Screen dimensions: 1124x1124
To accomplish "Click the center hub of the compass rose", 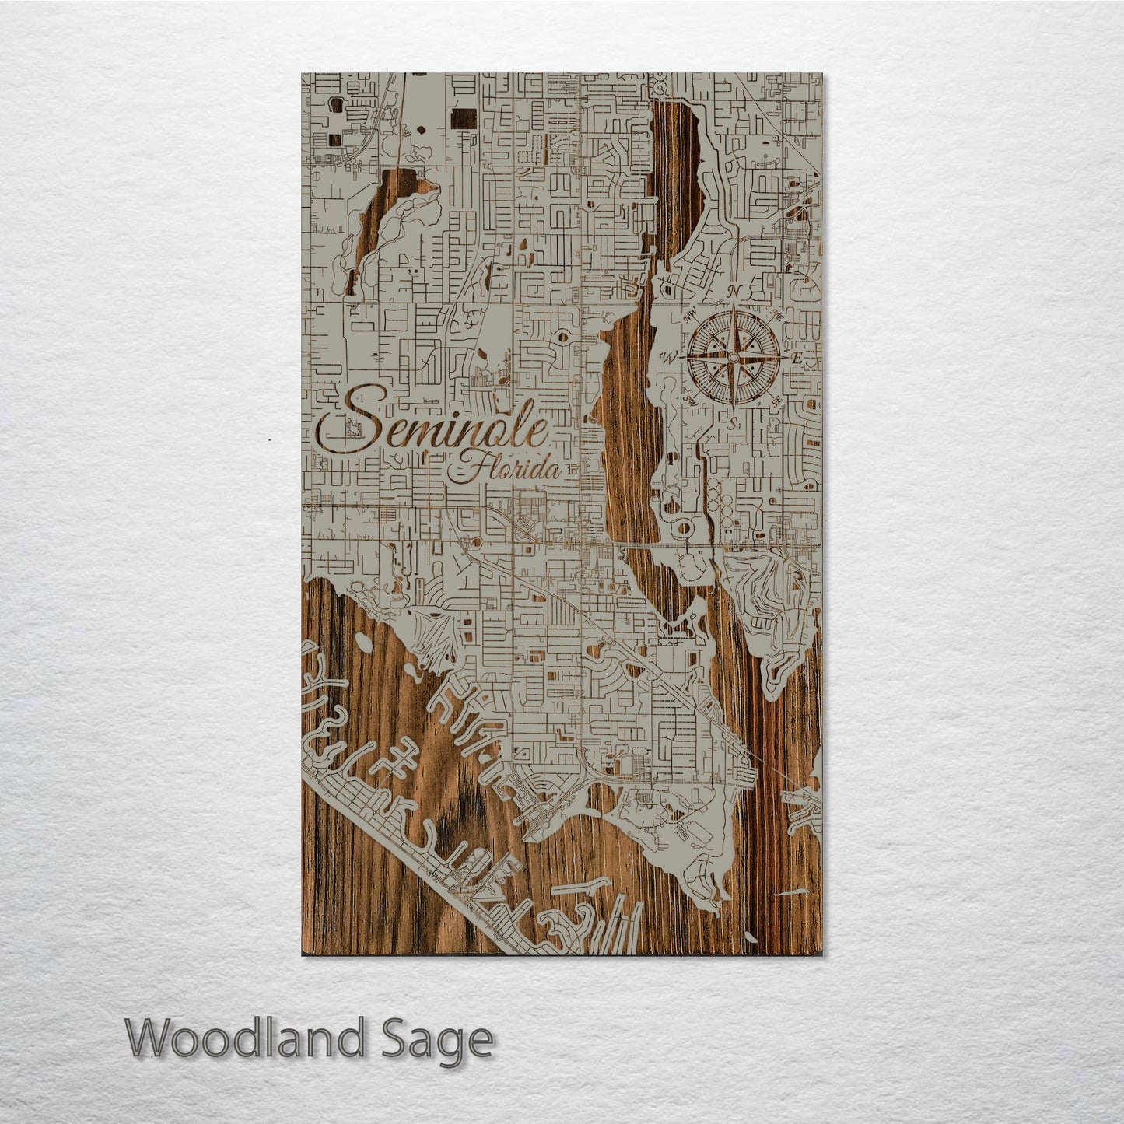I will pyautogui.click(x=732, y=358).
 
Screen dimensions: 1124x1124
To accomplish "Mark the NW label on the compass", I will pyautogui.click(x=688, y=316).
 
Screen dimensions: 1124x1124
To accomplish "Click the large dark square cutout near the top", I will pyautogui.click(x=464, y=120).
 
